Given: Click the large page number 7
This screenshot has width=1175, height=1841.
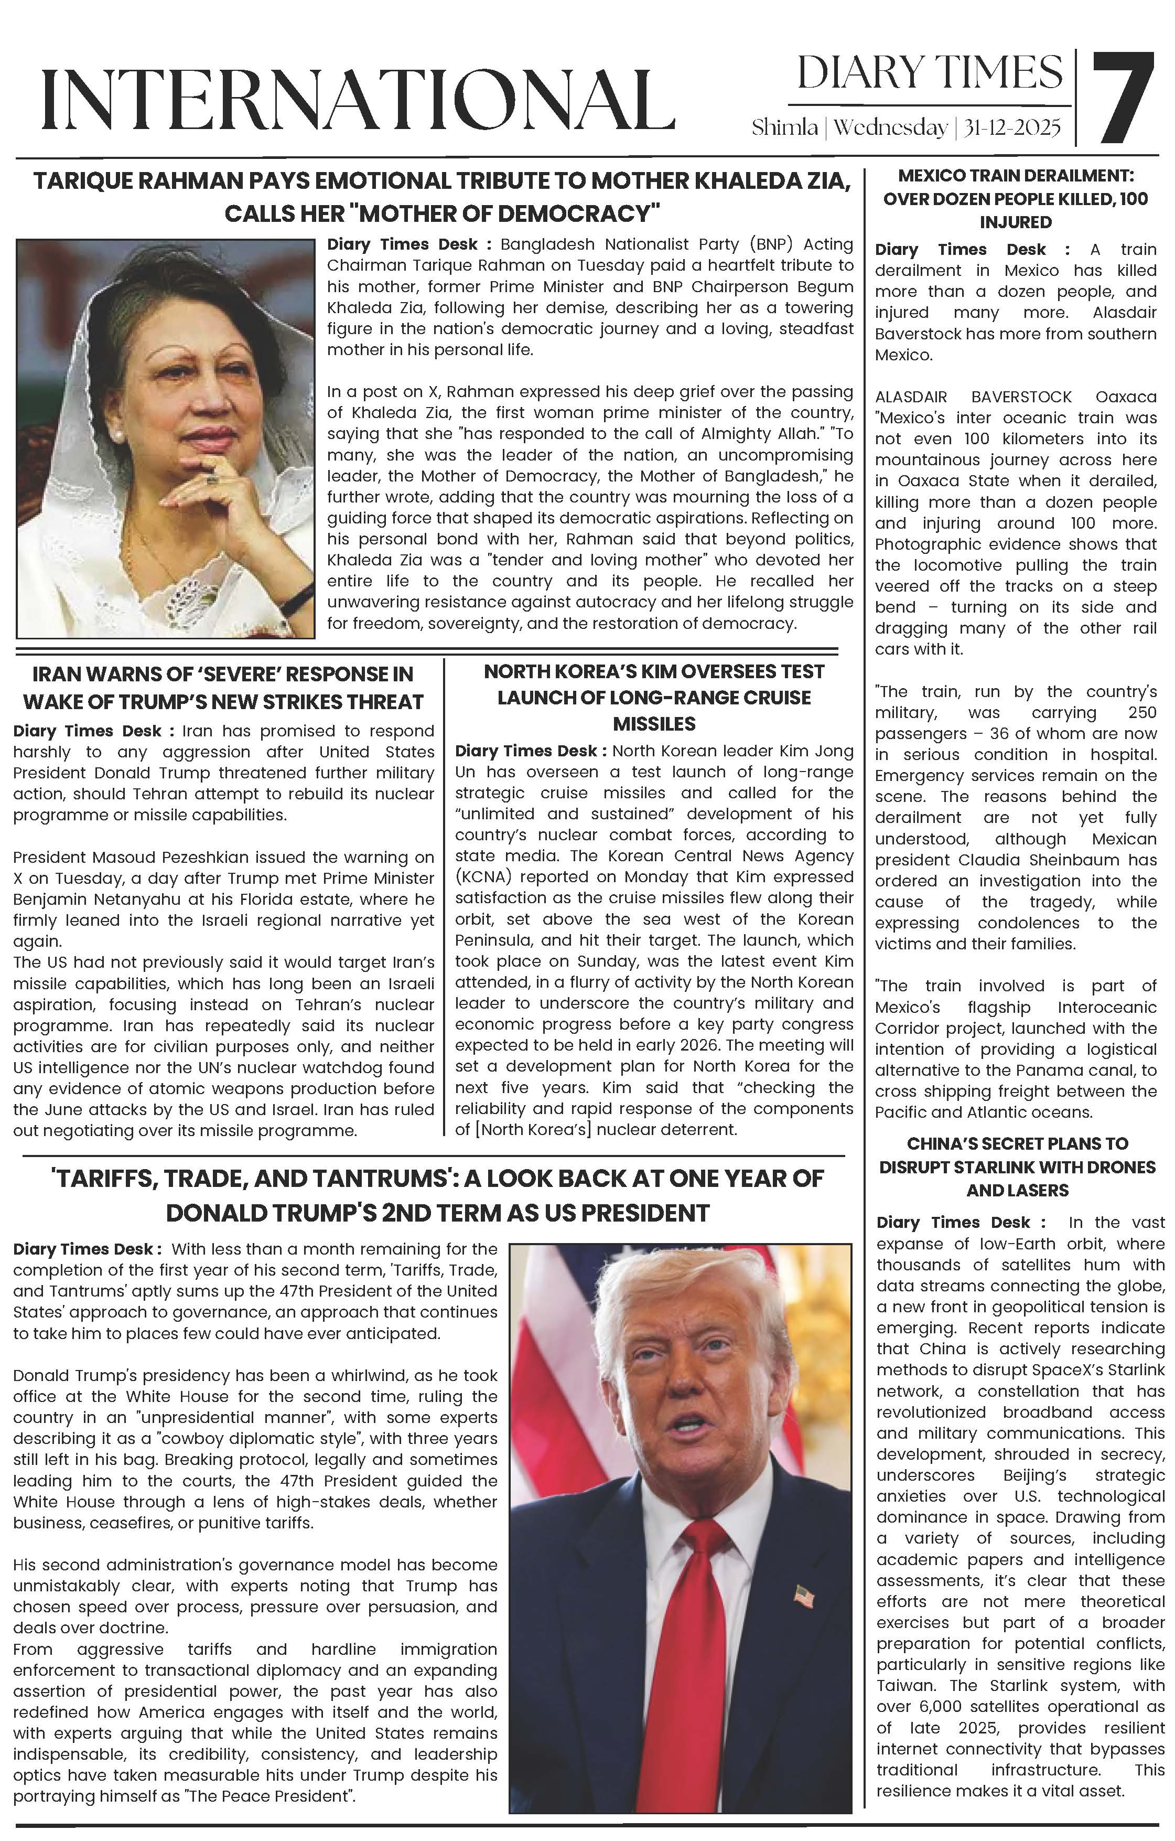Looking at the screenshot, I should [x=1122, y=98].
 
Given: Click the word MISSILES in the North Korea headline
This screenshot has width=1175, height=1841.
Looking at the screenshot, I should [x=654, y=724].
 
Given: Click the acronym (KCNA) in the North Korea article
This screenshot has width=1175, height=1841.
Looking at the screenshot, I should [x=480, y=877].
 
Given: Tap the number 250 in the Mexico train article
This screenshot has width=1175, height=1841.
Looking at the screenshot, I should [x=1142, y=713].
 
